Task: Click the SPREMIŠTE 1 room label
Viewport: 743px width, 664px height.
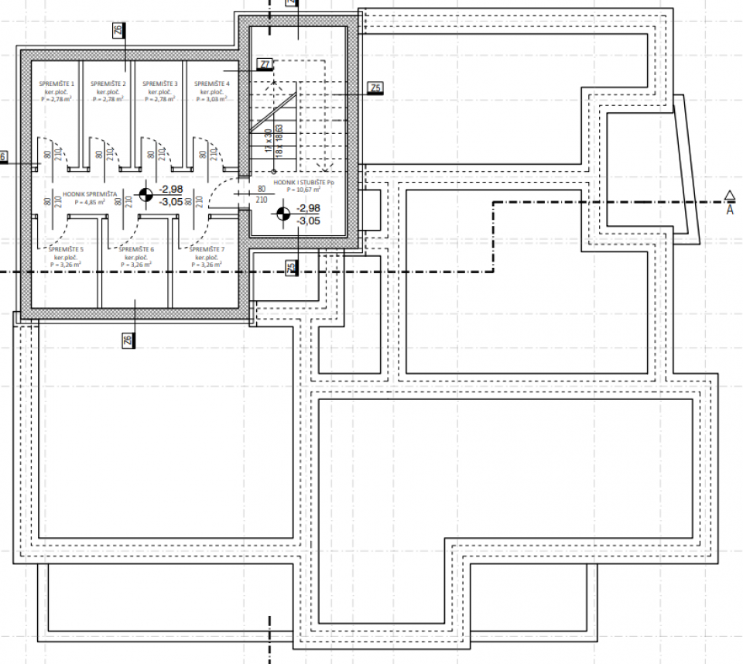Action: tap(56, 84)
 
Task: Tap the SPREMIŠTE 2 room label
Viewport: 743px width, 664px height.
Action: tap(108, 84)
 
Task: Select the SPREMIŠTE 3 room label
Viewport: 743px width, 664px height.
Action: tap(159, 84)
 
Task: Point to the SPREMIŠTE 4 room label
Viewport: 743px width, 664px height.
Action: tap(211, 84)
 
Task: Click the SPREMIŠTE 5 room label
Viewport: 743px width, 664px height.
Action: tap(66, 249)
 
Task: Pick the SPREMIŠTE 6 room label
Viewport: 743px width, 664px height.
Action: tap(136, 249)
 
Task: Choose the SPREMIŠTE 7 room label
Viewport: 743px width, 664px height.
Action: tap(207, 249)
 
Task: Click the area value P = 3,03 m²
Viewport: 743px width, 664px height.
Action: tap(211, 99)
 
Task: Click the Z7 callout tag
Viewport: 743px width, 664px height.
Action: tap(265, 65)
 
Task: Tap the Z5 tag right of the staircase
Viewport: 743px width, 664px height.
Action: tap(375, 88)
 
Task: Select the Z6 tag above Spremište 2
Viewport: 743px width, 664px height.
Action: tap(118, 31)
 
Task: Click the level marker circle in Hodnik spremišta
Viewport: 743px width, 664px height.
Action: tap(146, 195)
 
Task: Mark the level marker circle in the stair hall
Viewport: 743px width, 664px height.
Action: tap(284, 214)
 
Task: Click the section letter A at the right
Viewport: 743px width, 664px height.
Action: tap(729, 209)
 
